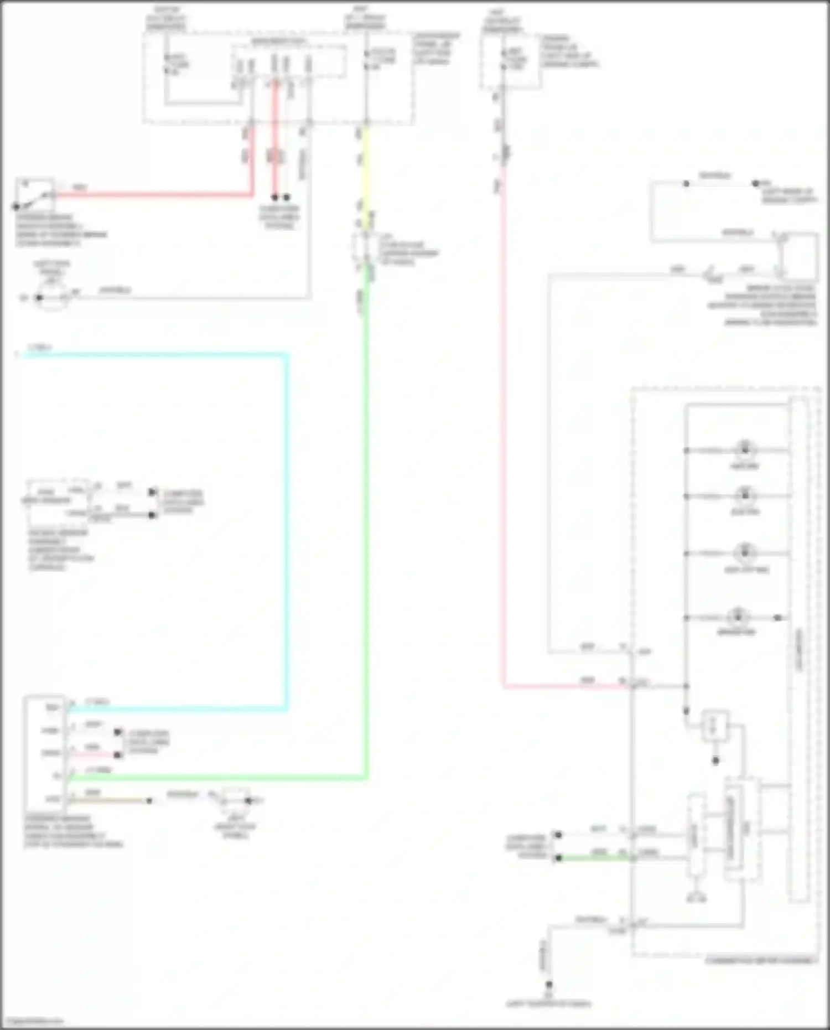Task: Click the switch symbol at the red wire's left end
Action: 34,194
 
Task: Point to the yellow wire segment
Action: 365,177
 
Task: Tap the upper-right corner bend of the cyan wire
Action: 286,355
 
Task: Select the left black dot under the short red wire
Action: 274,197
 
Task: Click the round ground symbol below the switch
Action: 51,298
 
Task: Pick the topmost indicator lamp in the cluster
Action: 744,449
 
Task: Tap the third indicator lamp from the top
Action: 744,552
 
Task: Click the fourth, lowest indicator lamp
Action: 737,617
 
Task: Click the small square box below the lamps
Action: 714,726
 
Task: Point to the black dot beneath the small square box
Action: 715,760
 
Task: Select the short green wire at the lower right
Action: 592,858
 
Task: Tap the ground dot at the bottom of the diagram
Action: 548,985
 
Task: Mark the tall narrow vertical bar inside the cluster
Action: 798,648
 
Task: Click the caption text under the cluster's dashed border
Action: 760,960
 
